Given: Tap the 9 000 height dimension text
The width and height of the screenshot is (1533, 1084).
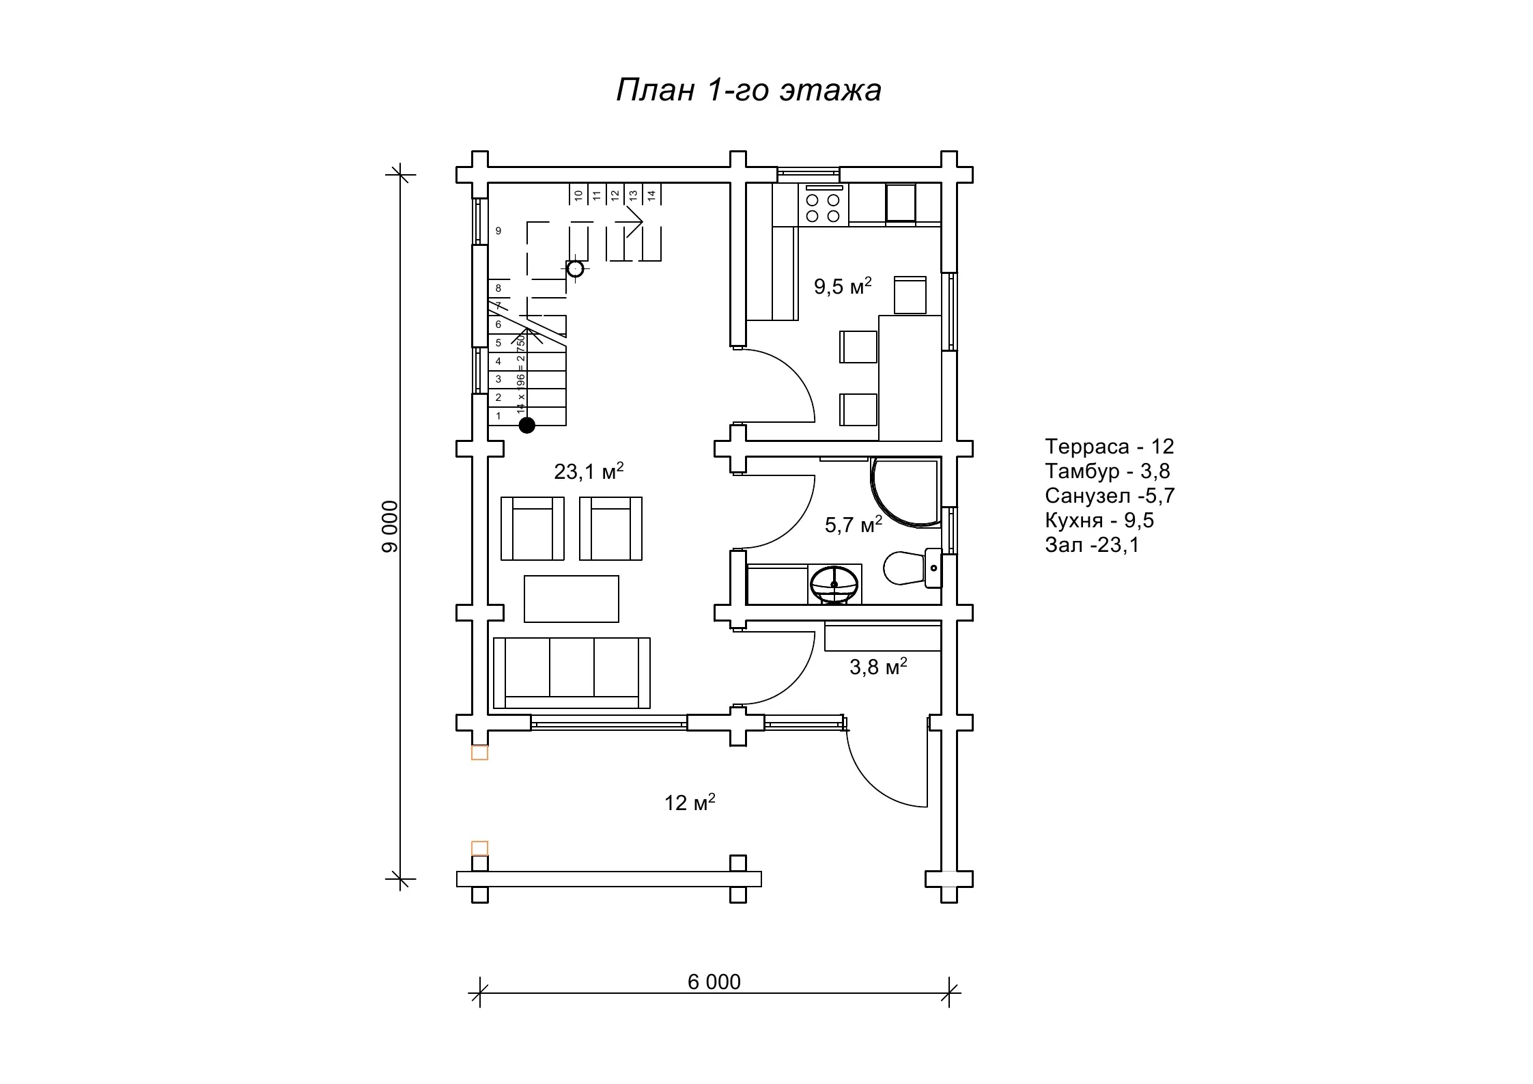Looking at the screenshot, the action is click(390, 527).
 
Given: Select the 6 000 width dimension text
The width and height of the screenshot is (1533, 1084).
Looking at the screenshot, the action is click(714, 982).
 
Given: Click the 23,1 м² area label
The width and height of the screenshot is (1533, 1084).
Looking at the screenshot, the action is click(589, 471).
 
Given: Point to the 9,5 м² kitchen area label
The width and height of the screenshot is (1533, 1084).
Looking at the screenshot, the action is click(843, 286).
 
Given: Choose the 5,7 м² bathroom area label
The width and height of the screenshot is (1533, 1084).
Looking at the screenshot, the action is click(854, 524).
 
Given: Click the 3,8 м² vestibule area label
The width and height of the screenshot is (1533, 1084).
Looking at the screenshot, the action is click(878, 666).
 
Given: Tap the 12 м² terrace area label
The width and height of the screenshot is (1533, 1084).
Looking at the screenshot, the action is click(690, 802).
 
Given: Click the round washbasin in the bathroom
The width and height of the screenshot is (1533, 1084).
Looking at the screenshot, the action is click(834, 584).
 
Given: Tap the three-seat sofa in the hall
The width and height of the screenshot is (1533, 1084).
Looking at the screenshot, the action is click(572, 673).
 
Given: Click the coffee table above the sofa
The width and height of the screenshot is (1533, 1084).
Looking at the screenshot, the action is click(572, 599).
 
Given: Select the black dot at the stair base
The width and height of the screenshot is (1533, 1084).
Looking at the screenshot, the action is click(526, 426).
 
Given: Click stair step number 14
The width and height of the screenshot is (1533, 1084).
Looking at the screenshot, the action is click(651, 195).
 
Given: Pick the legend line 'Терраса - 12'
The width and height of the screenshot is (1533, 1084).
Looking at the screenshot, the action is click(1109, 446).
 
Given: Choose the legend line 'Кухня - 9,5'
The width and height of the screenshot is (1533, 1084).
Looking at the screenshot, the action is click(1099, 520).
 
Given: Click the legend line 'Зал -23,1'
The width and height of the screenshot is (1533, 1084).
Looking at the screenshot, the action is click(1092, 544).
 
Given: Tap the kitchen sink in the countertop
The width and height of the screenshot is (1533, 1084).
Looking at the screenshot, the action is click(901, 203).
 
